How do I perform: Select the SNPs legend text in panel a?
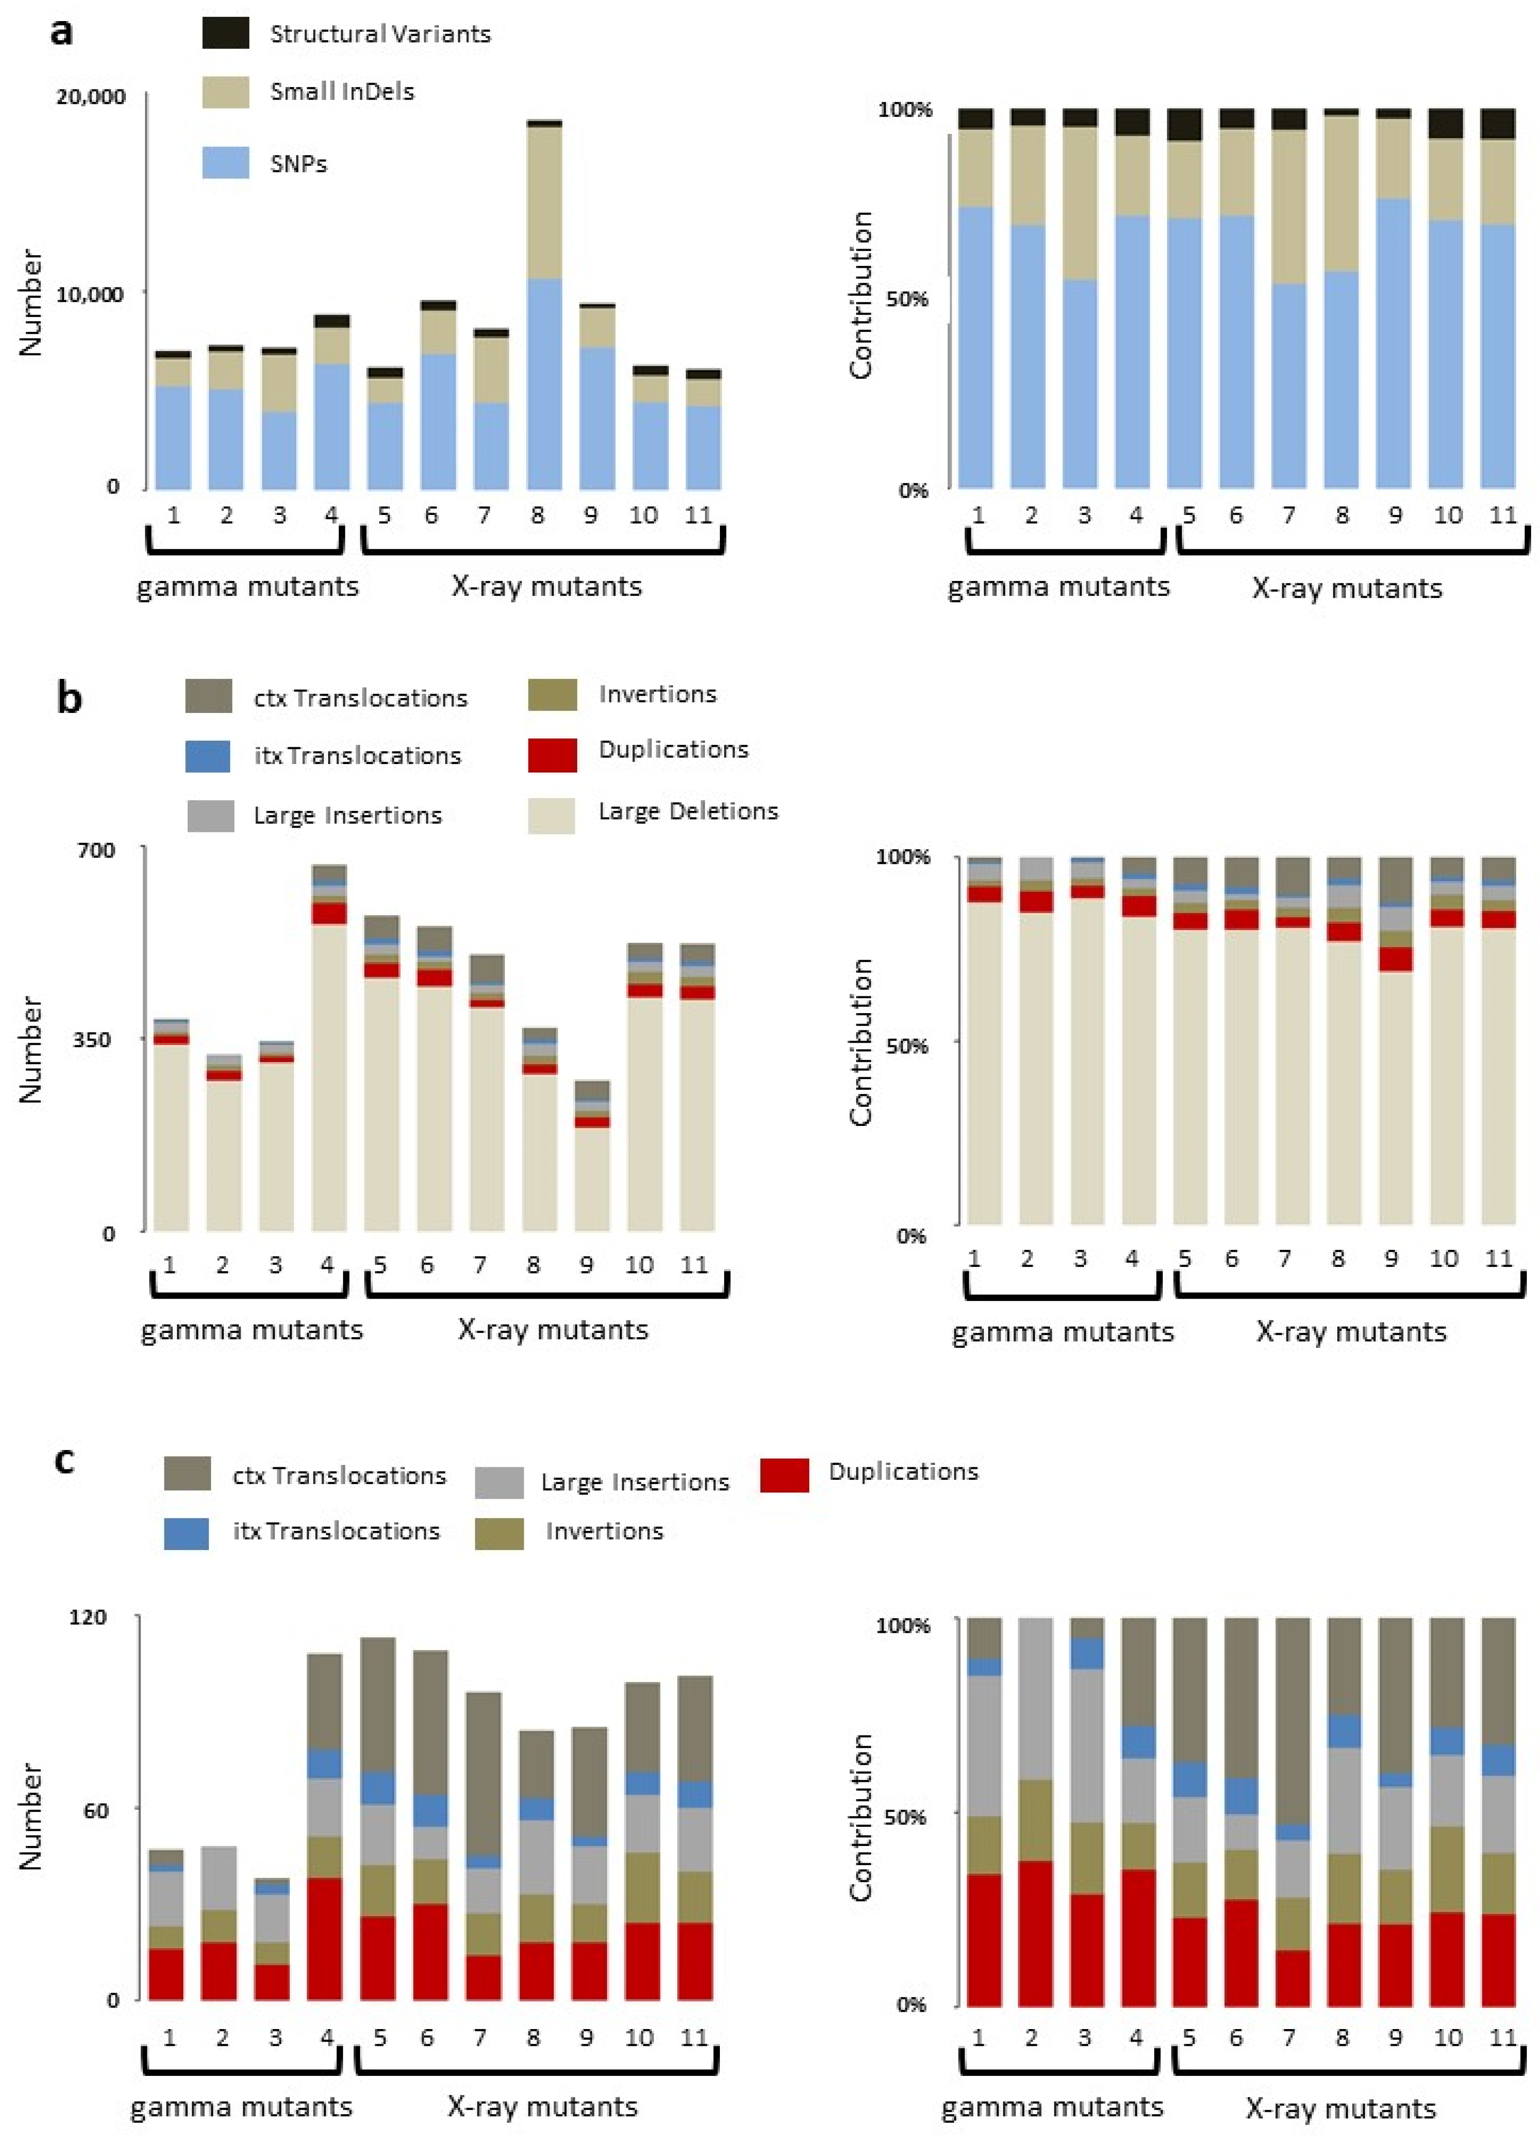298,164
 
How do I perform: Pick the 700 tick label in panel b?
95,850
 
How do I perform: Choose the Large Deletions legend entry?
688,811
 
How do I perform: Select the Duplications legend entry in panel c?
903,1472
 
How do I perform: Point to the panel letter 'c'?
63,1461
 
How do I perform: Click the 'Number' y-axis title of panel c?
31,1816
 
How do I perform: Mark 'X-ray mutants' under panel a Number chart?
546,587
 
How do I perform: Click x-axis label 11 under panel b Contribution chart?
1498,1259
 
